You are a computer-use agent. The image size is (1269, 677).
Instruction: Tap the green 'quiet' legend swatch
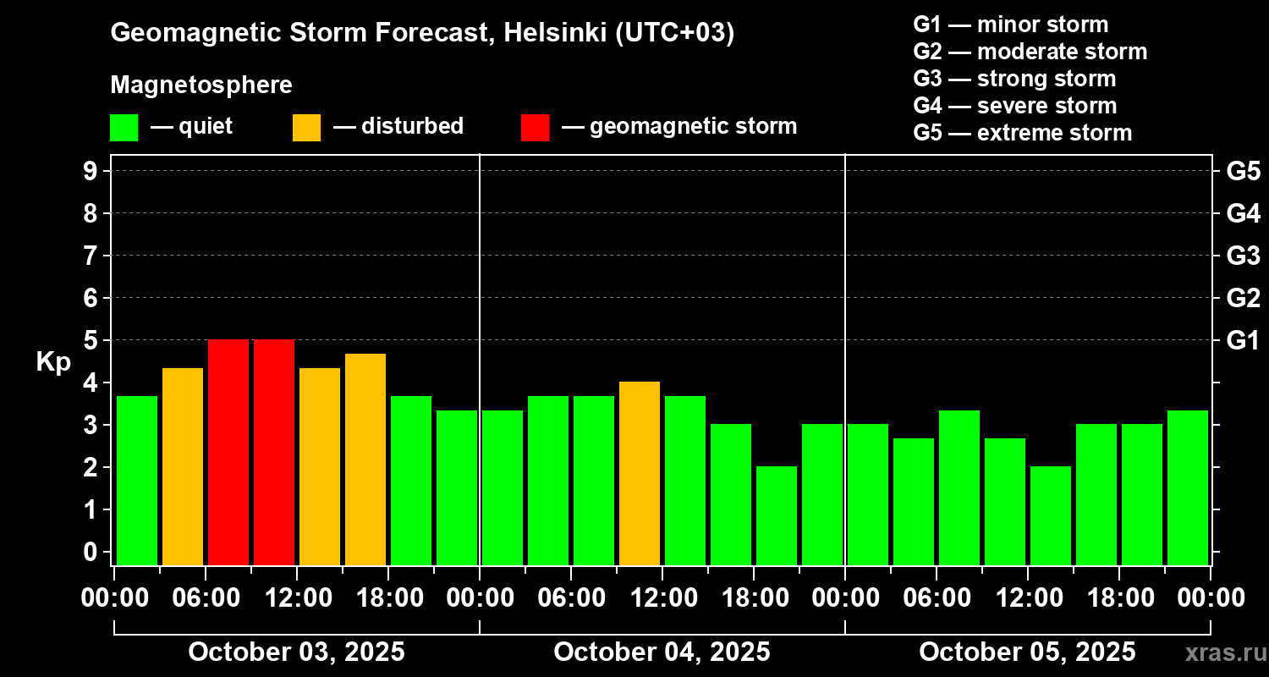(124, 127)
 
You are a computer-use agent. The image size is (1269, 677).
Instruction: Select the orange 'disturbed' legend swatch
(306, 127)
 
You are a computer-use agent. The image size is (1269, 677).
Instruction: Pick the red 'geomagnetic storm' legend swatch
(535, 127)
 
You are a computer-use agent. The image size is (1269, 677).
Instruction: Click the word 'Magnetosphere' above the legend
(201, 85)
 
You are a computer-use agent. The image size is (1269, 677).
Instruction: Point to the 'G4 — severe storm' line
(1014, 106)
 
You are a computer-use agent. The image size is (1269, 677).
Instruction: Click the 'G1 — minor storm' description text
(1010, 25)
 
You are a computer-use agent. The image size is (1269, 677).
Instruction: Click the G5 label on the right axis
(1243, 171)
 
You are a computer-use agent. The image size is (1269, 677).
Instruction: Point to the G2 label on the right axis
(1243, 298)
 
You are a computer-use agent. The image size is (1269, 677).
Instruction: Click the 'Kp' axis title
(53, 362)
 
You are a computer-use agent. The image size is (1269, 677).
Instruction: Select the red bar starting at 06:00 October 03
(228, 452)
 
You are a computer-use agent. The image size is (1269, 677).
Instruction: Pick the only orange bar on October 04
(640, 473)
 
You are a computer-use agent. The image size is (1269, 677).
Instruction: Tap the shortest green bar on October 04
(777, 515)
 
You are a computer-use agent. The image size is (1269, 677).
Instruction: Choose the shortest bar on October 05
(1051, 515)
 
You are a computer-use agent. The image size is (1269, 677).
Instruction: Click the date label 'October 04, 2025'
(662, 652)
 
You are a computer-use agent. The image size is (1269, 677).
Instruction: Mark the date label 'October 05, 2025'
(1027, 652)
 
